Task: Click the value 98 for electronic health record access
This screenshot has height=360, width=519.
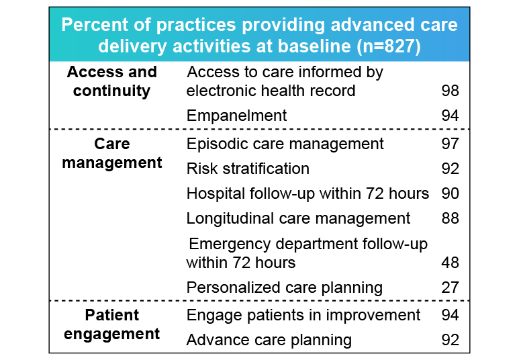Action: (x=451, y=91)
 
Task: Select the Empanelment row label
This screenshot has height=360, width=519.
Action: (x=236, y=116)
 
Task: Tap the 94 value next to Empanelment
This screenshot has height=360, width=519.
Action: (x=451, y=116)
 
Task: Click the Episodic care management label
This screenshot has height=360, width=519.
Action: (x=285, y=144)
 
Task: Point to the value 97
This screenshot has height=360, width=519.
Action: (x=451, y=144)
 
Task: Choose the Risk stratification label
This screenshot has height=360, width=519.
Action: (x=248, y=169)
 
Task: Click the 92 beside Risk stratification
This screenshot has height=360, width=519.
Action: (x=451, y=169)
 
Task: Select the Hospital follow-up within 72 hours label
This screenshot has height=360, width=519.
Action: (x=308, y=193)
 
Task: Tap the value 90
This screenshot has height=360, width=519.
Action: (x=451, y=193)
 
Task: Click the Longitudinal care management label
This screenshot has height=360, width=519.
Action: (x=298, y=218)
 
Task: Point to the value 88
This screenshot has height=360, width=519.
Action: (x=451, y=218)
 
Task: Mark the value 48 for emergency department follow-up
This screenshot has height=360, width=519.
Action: (x=451, y=262)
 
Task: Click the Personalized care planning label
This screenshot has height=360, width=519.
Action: (x=285, y=287)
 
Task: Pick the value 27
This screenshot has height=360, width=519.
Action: (x=451, y=287)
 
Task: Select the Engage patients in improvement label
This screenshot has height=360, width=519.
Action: (x=303, y=315)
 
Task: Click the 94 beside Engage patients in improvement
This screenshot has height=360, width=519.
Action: (x=451, y=315)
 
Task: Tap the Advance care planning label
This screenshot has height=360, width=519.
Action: (x=269, y=340)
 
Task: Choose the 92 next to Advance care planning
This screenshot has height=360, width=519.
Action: (x=451, y=340)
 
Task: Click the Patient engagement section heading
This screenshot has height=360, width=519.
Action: (x=111, y=324)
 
